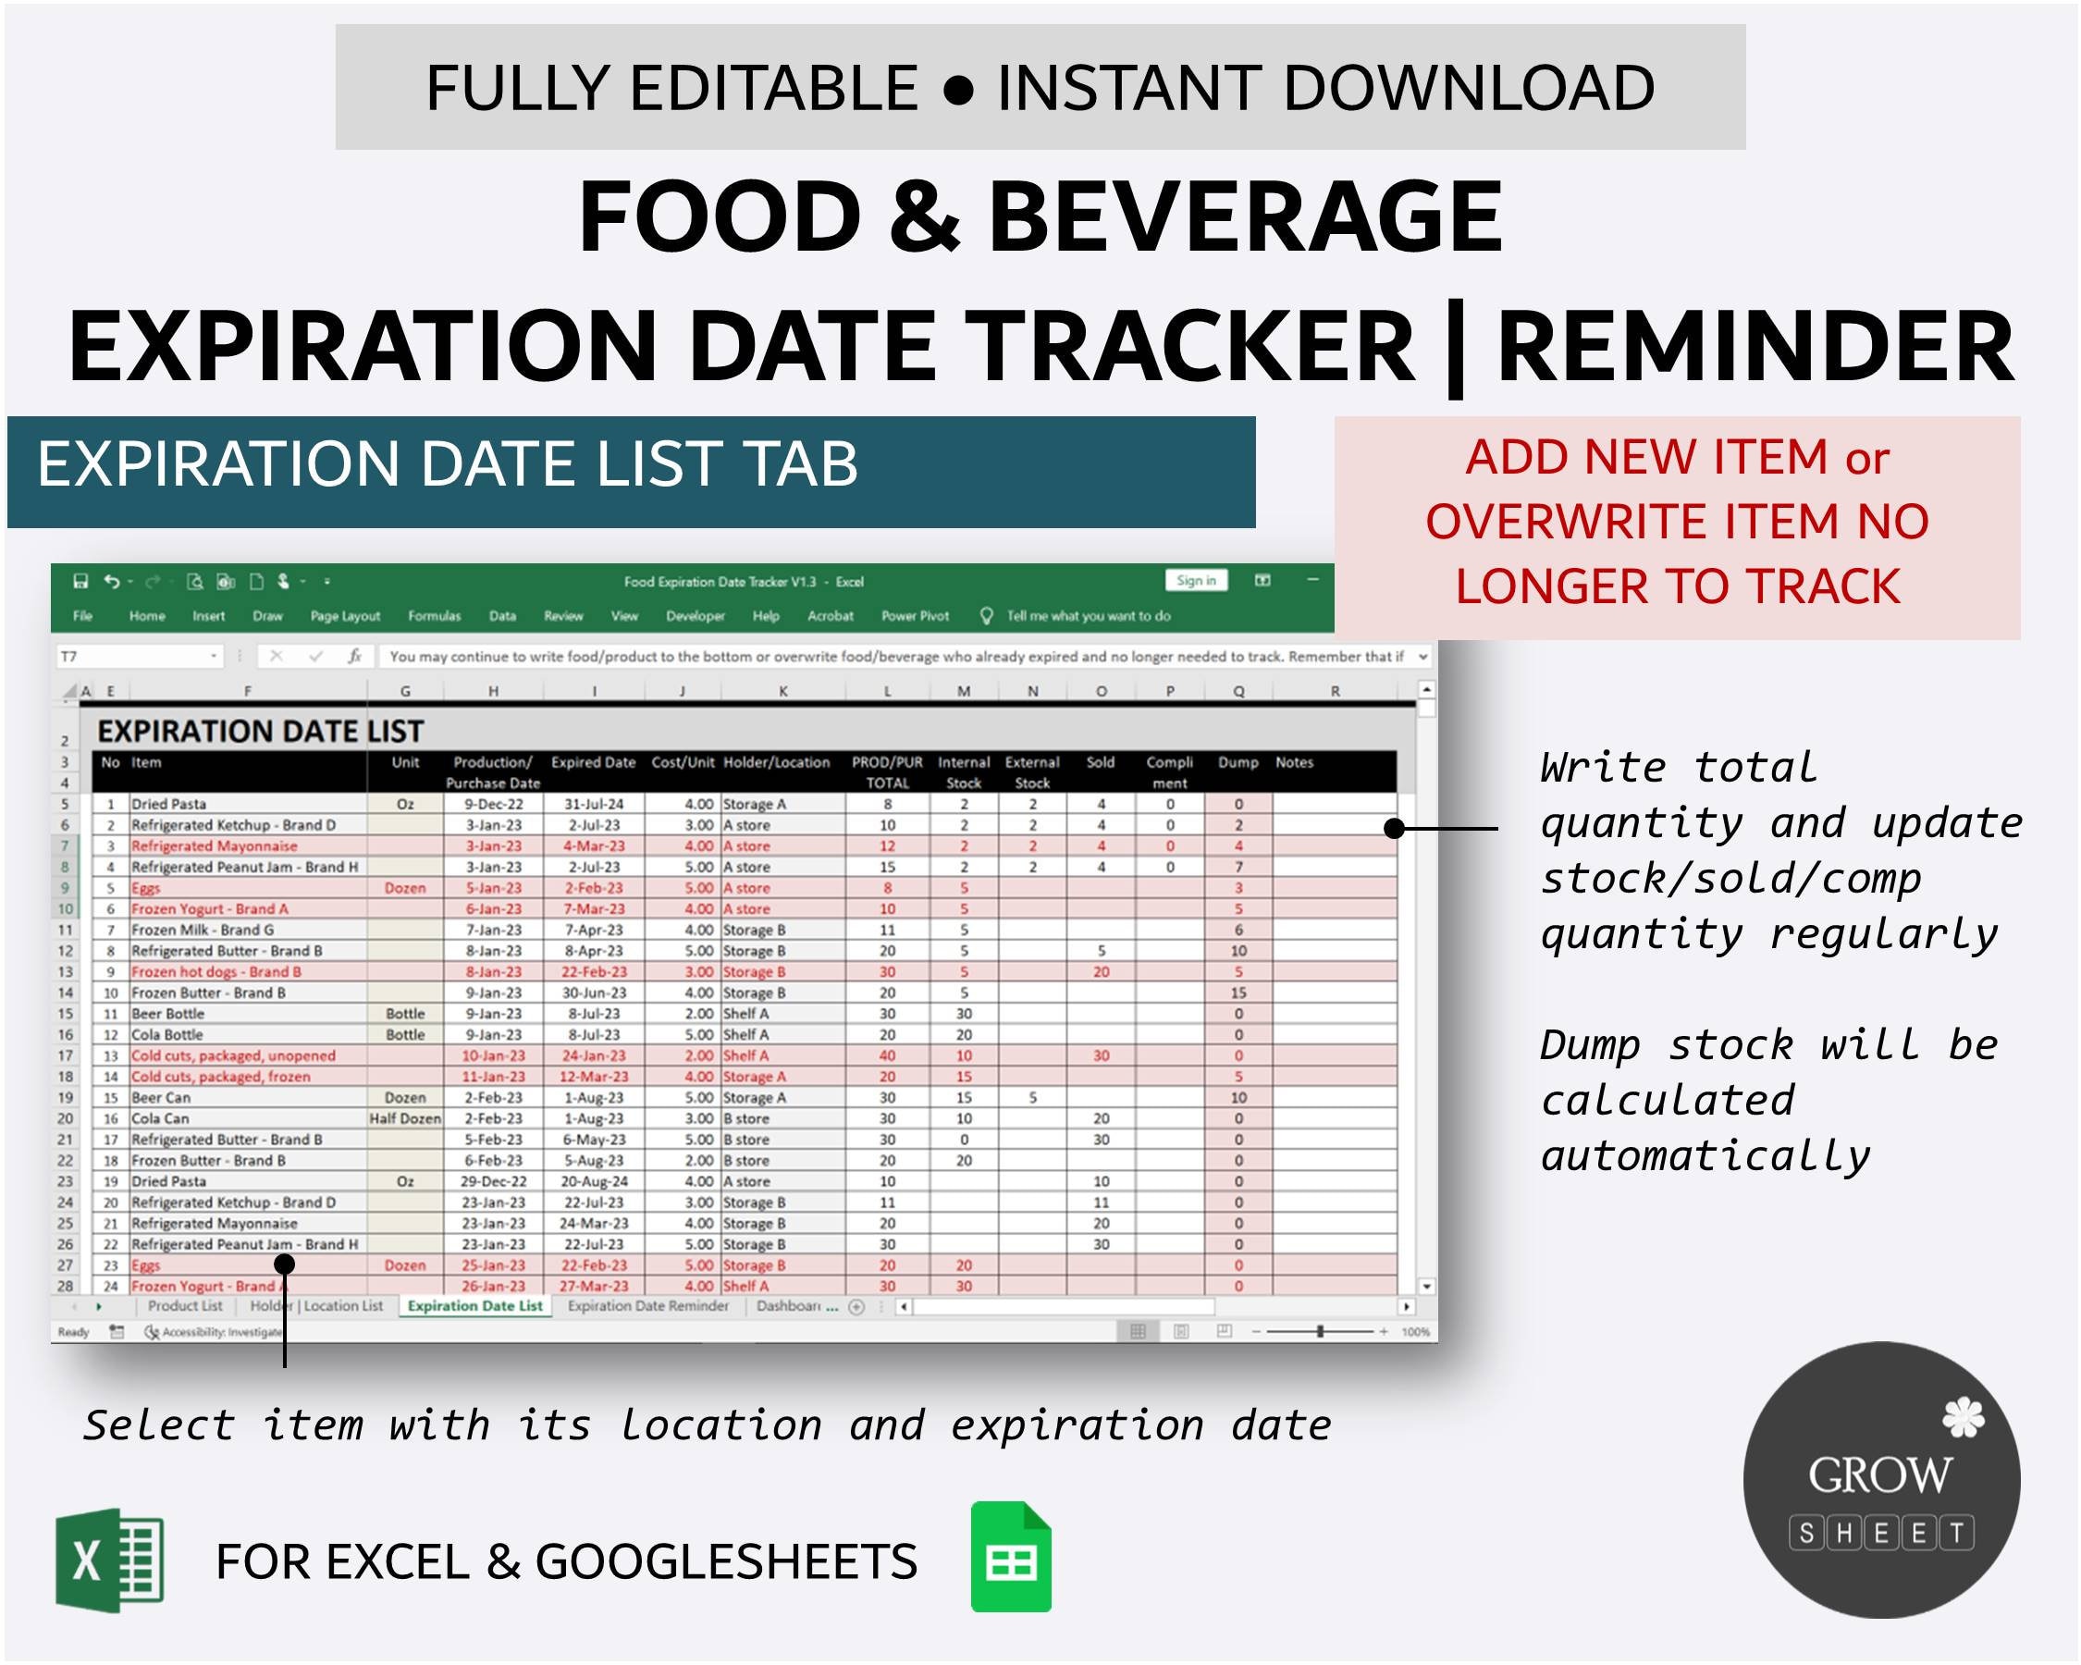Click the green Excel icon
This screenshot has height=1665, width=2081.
pos(109,1560)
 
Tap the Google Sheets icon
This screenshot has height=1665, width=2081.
pos(1011,1557)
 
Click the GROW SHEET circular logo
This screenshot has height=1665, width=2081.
pos(1881,1479)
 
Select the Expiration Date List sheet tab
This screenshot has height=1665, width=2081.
pos(474,1306)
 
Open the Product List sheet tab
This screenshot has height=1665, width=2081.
pos(184,1306)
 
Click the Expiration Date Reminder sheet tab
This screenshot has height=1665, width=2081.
pos(647,1306)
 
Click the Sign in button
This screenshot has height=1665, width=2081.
pos(1196,580)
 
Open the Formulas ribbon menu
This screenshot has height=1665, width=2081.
pos(435,616)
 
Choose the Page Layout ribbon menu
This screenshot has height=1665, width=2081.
pos(345,616)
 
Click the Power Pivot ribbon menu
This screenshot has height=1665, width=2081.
pos(915,616)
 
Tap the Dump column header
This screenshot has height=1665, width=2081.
pos(1238,762)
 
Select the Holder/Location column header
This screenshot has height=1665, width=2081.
pos(776,762)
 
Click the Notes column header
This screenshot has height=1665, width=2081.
pos(1293,762)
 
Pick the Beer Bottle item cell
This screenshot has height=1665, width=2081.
pos(168,1014)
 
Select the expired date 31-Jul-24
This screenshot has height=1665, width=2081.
pos(594,804)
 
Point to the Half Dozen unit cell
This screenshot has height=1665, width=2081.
pos(405,1118)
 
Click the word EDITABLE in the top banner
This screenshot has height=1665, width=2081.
pos(773,88)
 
